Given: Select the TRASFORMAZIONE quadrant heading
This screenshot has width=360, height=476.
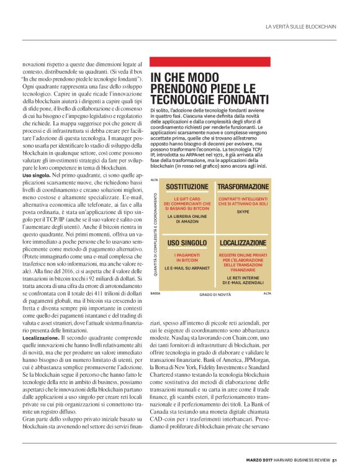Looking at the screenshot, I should click(242, 186).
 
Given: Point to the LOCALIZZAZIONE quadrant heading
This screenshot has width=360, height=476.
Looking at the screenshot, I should click(242, 243).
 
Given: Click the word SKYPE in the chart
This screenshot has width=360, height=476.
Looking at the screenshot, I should click(242, 211).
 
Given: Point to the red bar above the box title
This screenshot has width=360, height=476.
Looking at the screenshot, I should click(210, 62).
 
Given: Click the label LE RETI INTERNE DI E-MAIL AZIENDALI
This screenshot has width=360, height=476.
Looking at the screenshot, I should click(242, 280).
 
